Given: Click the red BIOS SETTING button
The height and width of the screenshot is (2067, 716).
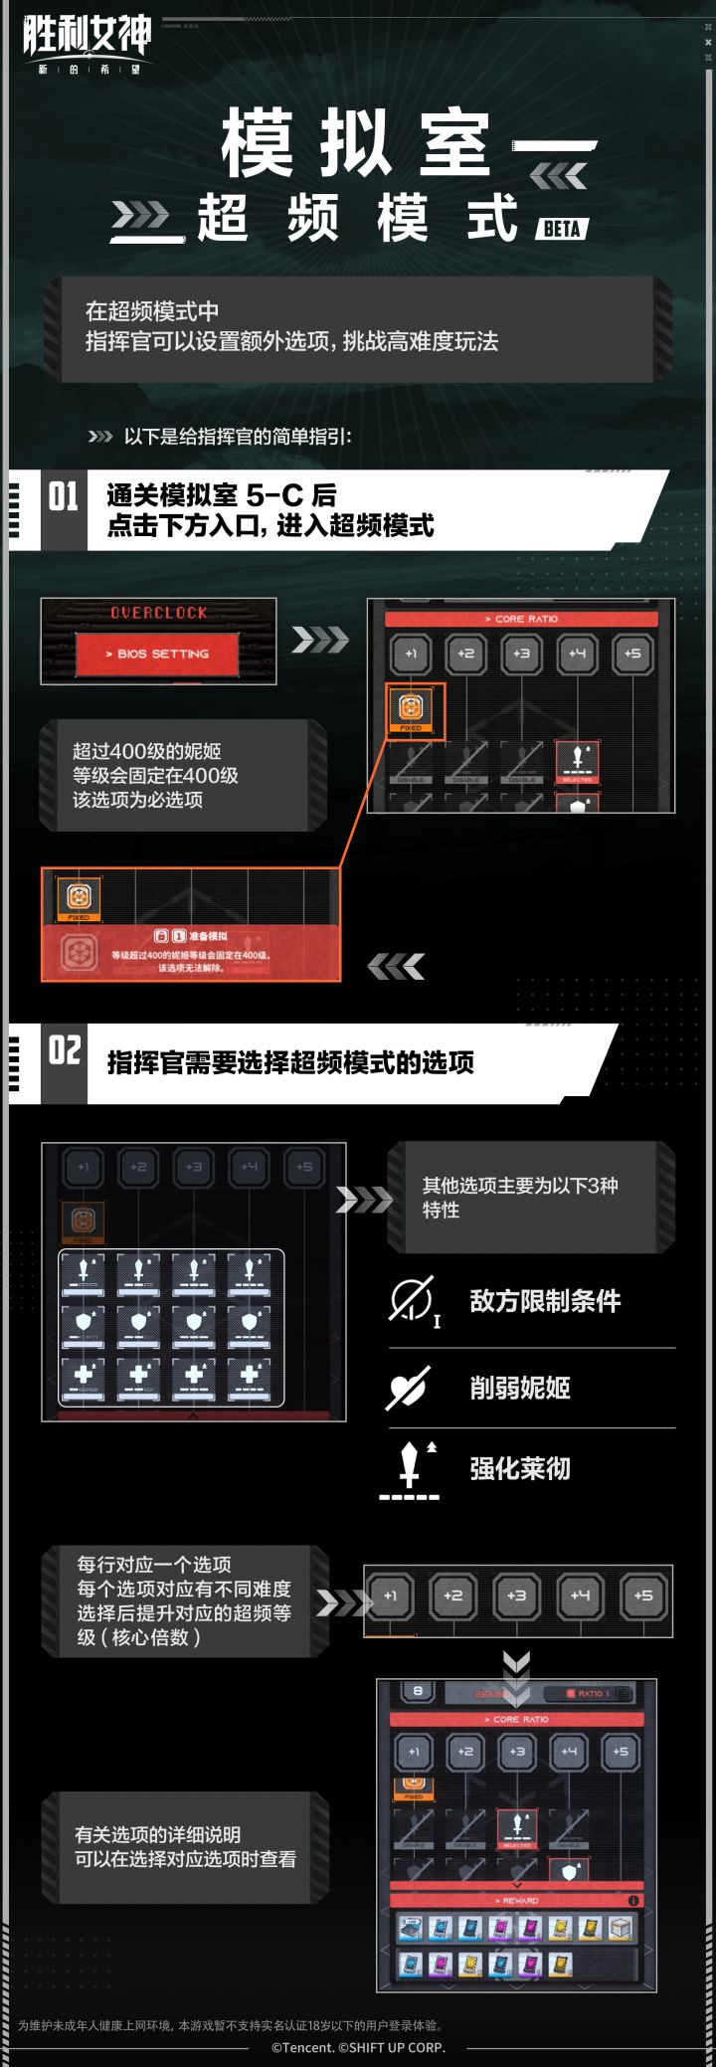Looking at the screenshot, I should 157,655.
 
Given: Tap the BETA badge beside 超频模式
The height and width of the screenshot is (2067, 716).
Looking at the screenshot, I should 562,229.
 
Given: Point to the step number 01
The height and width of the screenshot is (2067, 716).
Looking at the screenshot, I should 63,496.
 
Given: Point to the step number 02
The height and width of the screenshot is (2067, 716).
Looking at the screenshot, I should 64,1050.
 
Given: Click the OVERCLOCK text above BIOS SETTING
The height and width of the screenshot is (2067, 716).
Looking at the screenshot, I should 158,613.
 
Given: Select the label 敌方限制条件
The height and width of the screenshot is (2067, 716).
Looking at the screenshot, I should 545,1301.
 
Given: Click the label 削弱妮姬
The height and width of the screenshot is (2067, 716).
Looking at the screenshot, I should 520,1389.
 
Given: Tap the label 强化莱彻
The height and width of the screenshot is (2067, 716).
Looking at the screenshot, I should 520,1469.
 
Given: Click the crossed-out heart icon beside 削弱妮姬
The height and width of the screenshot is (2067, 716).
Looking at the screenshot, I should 408,1388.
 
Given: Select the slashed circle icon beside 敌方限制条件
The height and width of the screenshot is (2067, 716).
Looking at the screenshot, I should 410,1299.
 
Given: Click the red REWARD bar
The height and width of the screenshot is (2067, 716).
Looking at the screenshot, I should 516,1900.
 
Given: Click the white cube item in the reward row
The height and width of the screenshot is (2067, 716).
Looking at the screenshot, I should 621,1929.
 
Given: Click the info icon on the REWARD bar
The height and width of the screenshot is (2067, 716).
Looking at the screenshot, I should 633,1900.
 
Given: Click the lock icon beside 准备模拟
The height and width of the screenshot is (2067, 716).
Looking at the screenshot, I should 160,936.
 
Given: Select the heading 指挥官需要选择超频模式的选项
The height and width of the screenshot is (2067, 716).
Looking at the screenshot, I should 290,1063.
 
